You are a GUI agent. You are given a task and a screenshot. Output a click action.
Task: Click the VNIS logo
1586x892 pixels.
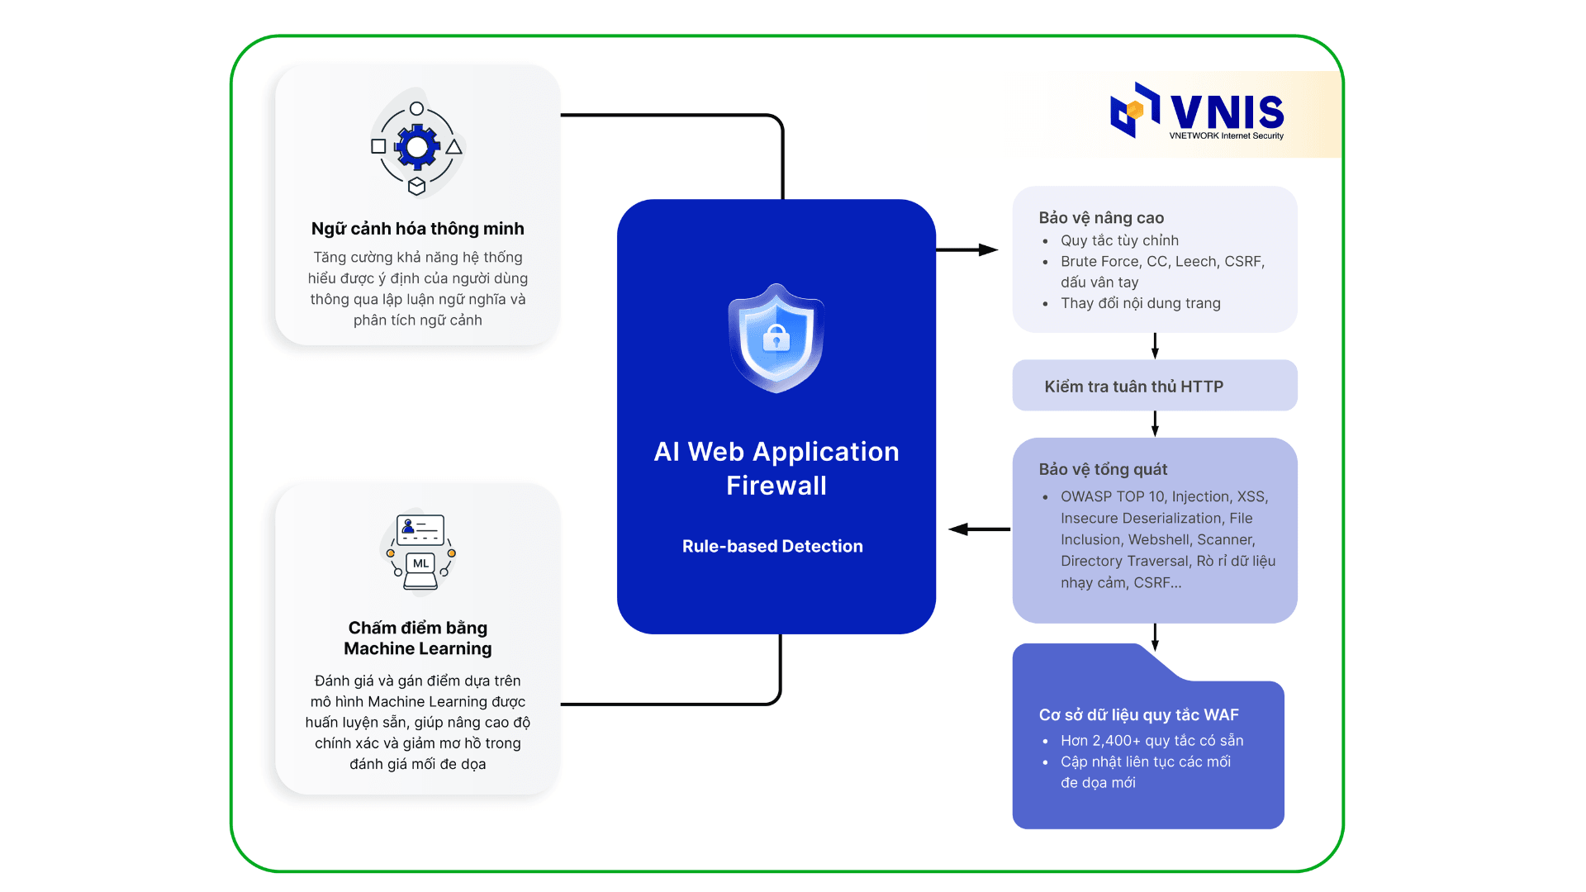coord(1197,112)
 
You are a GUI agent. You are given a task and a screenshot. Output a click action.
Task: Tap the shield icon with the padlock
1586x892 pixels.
coord(776,339)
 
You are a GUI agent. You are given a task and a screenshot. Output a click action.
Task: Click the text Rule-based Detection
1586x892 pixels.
coord(772,546)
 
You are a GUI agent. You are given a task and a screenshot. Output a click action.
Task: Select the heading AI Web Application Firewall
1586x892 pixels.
coord(776,468)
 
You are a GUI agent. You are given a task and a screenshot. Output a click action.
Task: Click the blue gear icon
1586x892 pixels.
coord(417,148)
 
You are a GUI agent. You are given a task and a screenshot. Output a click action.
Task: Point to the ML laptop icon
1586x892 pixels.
coord(420,570)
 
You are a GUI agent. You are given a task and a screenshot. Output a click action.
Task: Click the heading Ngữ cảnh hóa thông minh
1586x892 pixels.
coord(417,229)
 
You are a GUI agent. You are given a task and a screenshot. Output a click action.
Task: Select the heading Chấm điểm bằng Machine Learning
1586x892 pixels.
coord(417,638)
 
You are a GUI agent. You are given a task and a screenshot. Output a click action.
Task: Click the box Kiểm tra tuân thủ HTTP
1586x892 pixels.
coord(1154,386)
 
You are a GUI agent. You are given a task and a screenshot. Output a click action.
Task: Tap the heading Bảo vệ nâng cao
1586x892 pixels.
coord(1101,218)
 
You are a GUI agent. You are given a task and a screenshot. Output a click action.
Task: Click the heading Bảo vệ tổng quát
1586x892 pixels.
coord(1103,469)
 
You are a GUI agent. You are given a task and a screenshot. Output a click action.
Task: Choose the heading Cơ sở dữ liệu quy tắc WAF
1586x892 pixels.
coord(1138,714)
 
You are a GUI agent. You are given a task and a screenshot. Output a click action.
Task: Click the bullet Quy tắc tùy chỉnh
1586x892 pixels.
coord(1119,240)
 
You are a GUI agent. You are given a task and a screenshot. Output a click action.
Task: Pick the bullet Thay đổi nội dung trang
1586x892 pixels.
coord(1140,303)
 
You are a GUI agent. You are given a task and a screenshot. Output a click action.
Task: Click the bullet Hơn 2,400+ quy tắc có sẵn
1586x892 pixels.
coord(1152,740)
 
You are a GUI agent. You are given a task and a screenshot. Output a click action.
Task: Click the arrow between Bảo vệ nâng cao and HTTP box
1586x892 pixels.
coord(1155,345)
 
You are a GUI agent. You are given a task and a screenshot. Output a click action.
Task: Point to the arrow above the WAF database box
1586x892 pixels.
coord(1155,636)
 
